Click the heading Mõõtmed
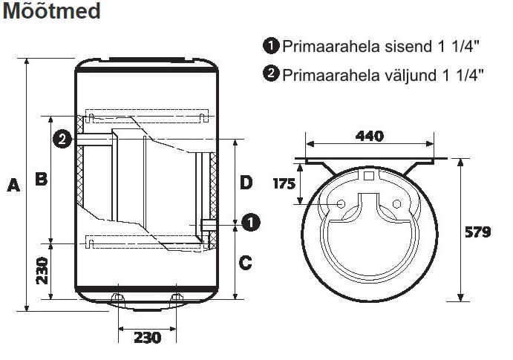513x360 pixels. tap(51, 10)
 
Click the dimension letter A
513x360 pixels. tap(13, 185)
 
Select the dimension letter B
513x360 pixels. tap(42, 179)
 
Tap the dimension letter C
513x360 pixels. tap(246, 263)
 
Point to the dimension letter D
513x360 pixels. tap(246, 182)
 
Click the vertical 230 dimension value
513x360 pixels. tap(42, 271)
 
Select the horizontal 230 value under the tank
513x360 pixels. tap(148, 338)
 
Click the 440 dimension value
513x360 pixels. tap(370, 136)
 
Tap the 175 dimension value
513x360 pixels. tap(284, 184)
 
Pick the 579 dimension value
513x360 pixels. tap(477, 232)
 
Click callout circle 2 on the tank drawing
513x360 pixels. tap(62, 139)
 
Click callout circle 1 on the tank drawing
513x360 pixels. tap(251, 223)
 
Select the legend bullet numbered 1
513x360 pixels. tap(271, 45)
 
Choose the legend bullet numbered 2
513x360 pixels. tap(271, 73)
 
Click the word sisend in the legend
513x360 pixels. tap(408, 47)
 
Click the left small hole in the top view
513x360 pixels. tap(342, 204)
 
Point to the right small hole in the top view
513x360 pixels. tap(396, 204)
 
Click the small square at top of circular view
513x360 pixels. tap(369, 176)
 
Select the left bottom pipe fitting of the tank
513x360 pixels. tap(118, 298)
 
